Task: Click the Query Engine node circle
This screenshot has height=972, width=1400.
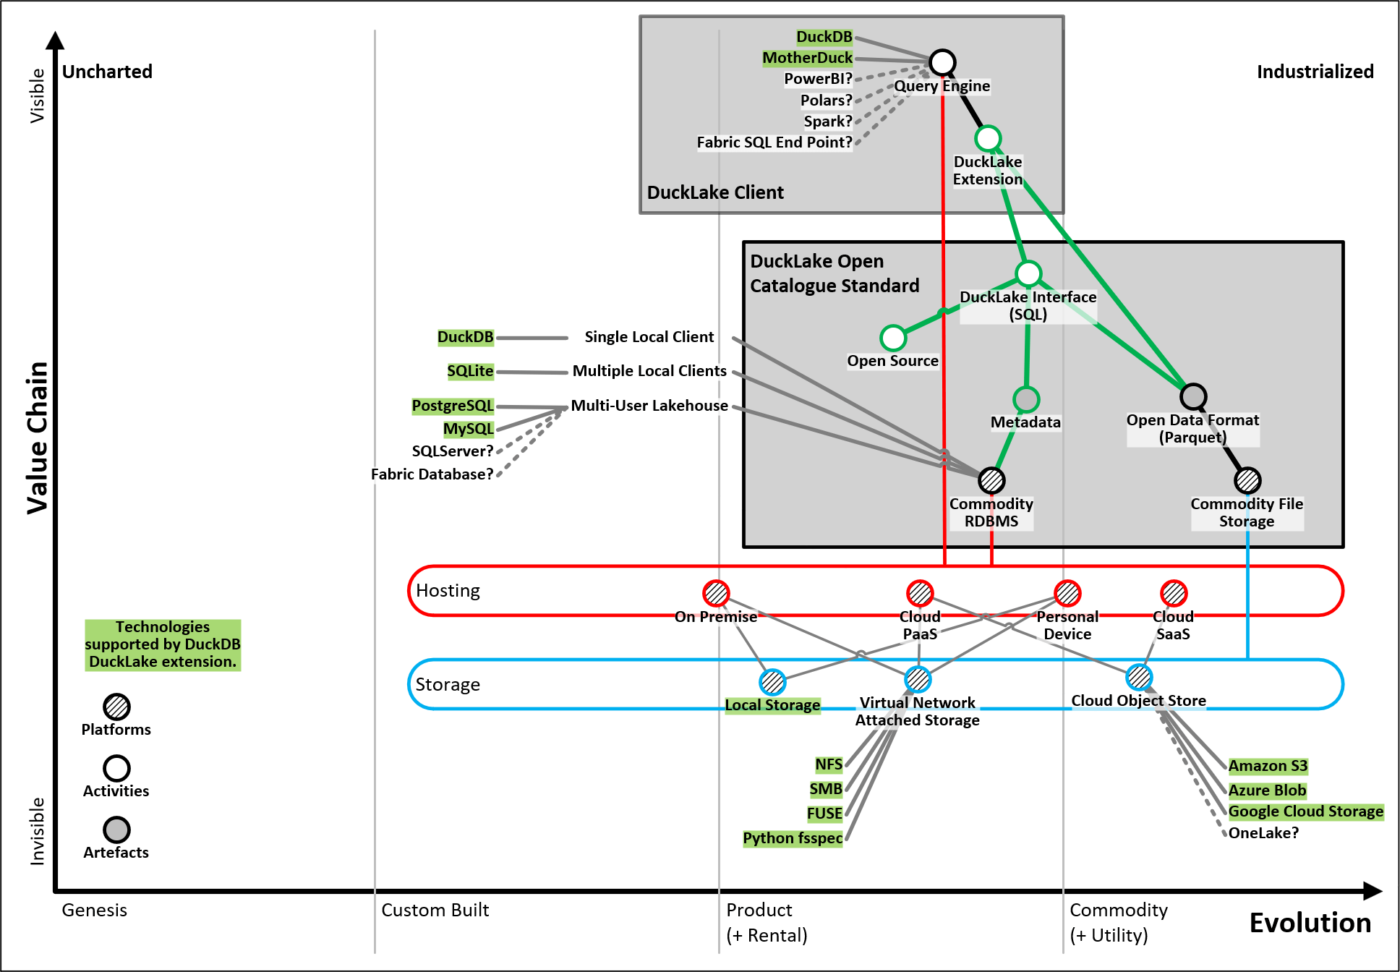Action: pos(942,62)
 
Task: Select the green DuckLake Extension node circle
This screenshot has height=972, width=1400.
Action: pos(988,138)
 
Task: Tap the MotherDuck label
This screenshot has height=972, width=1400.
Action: pos(807,58)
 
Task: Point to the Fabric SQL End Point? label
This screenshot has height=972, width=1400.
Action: pos(774,142)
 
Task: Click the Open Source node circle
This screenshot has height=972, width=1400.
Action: pos(893,338)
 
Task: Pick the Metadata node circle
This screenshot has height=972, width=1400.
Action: pos(1026,399)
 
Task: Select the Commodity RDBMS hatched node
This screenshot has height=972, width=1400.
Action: pos(991,480)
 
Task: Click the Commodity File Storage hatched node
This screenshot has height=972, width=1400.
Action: pos(1247,480)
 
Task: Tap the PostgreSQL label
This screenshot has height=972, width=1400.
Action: pos(453,406)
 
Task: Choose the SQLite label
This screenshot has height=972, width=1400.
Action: pos(470,371)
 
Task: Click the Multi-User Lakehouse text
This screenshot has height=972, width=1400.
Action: pos(649,406)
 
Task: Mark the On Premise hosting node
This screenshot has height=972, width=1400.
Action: pos(716,593)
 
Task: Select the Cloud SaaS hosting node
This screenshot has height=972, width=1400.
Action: pos(1174,593)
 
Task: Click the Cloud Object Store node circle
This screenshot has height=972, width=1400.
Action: pos(1139,678)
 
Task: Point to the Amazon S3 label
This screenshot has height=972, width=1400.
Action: pos(1268,766)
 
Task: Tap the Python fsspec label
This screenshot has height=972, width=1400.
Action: pos(793,838)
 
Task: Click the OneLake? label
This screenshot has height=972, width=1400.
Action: pos(1263,833)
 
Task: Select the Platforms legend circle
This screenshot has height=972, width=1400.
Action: pos(116,707)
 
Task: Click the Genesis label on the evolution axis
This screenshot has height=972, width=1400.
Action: pos(95,910)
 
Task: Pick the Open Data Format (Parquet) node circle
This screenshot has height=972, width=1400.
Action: pos(1193,396)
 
